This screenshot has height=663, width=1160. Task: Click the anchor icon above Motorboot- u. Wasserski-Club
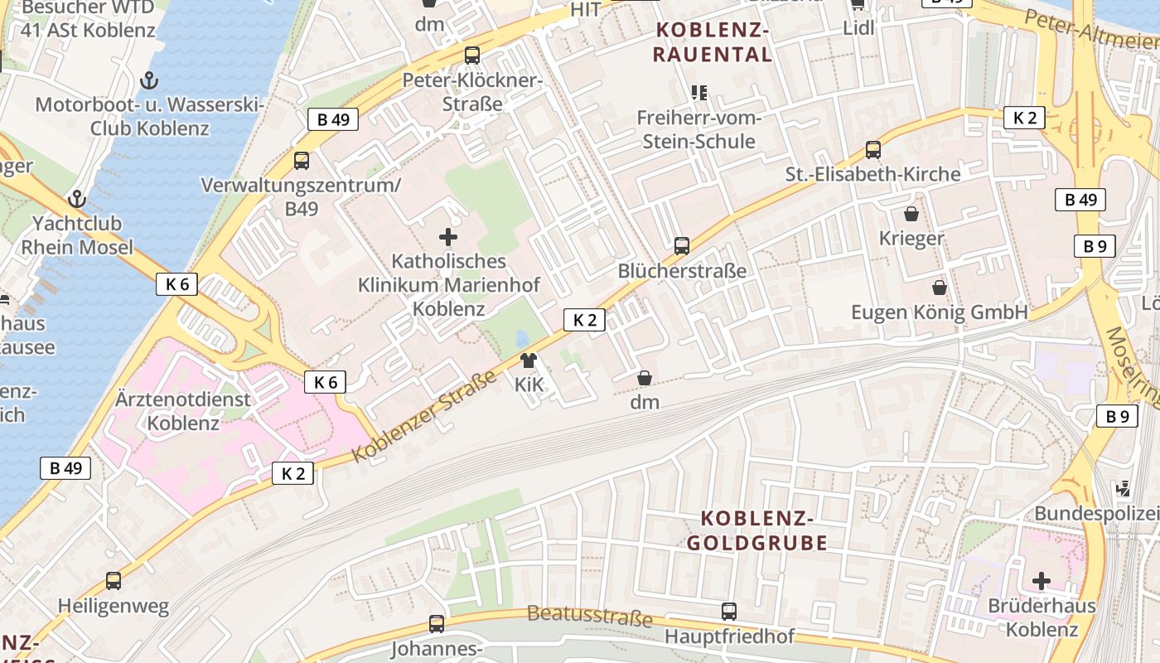tap(149, 80)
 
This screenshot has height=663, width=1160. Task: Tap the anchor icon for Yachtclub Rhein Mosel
tap(77, 199)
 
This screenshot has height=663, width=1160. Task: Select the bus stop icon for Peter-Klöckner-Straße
tap(472, 56)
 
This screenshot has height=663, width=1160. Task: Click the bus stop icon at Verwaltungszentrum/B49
tap(302, 160)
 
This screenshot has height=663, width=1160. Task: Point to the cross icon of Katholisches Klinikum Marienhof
tap(448, 237)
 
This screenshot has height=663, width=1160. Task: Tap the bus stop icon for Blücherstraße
tap(682, 245)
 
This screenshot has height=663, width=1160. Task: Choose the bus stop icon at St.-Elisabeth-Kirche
tap(873, 150)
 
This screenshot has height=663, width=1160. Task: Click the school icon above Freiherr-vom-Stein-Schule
tap(699, 92)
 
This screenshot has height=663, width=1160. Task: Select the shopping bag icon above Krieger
tap(911, 214)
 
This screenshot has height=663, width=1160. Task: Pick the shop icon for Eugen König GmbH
tap(940, 288)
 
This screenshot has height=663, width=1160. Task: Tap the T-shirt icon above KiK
tap(529, 360)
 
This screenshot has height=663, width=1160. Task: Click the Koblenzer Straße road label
tap(423, 418)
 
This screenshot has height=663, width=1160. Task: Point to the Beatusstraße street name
tap(589, 616)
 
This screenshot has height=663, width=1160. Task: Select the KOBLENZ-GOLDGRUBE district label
tap(763, 531)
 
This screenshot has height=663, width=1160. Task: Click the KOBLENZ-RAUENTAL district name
tap(713, 43)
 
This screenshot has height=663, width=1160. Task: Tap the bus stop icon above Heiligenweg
tap(114, 581)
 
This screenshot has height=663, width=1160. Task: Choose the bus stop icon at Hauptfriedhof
tap(729, 612)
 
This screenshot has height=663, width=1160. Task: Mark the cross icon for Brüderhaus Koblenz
tap(1042, 581)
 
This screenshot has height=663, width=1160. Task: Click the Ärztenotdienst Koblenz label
tap(183, 411)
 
